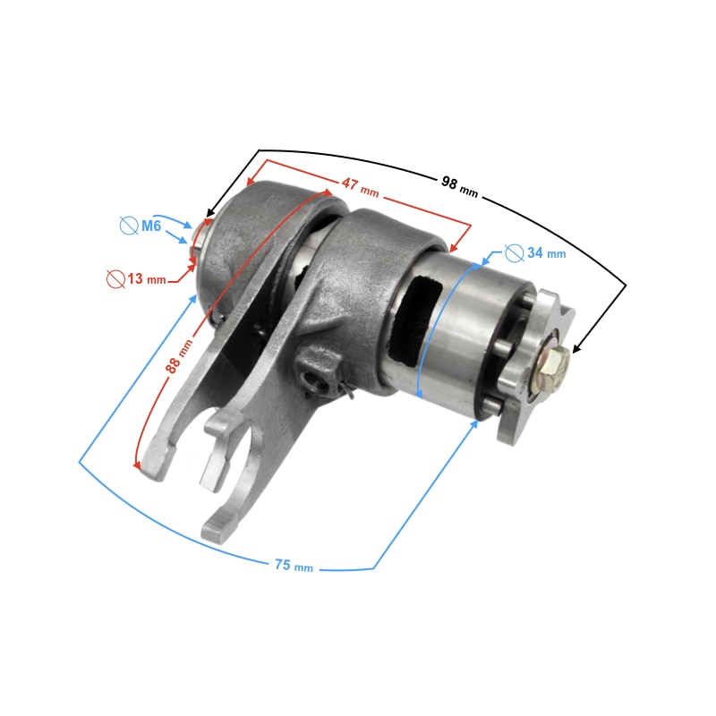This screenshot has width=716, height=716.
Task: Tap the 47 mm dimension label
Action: click(361, 187)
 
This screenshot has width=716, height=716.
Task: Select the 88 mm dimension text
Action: click(179, 356)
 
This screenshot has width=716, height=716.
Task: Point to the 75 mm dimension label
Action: click(294, 566)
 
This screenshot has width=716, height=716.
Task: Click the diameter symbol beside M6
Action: click(129, 226)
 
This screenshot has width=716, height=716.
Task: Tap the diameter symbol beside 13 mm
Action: click(115, 279)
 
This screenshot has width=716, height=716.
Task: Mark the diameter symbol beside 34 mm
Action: click(514, 253)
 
